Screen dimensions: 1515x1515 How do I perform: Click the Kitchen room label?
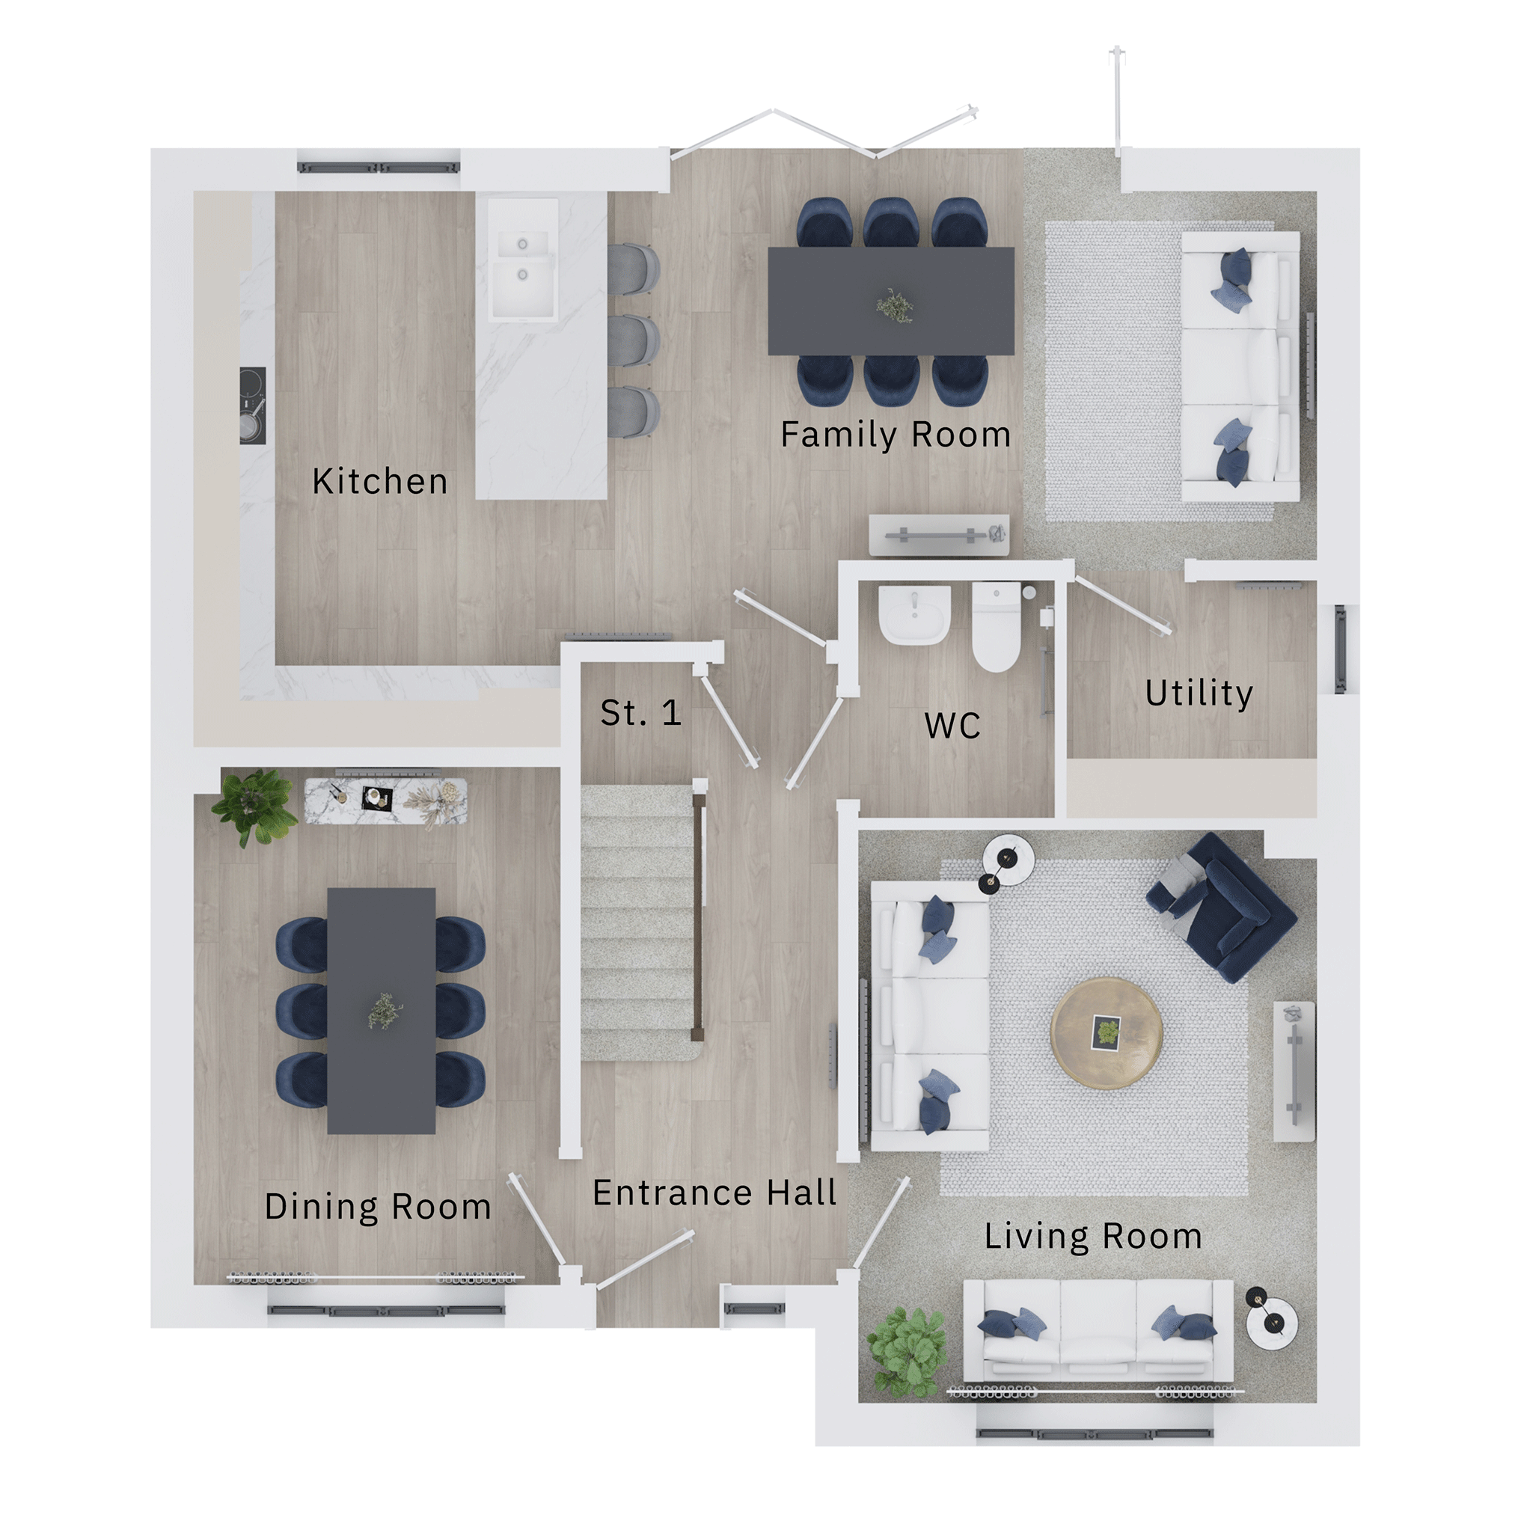click(x=380, y=482)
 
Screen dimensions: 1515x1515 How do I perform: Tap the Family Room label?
click(x=896, y=435)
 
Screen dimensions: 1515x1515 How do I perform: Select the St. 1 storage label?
click(x=640, y=713)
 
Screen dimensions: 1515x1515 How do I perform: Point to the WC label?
click(x=952, y=726)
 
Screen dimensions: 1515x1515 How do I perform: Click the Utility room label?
click(x=1199, y=694)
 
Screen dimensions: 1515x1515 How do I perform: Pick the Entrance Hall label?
click(x=714, y=1193)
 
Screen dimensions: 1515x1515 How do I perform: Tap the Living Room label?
click(x=1093, y=1237)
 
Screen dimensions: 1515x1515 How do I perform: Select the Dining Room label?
click(x=378, y=1207)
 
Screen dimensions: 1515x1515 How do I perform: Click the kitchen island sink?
click(x=522, y=260)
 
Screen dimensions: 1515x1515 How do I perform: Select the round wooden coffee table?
click(x=1107, y=1032)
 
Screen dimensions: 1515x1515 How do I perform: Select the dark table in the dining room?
click(x=381, y=1011)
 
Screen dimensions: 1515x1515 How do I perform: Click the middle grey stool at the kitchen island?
click(x=634, y=340)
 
